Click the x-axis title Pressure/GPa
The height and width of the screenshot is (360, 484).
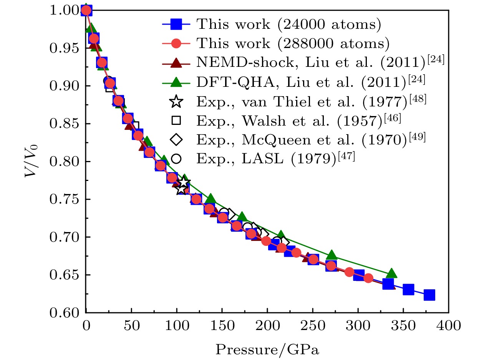click(267, 349)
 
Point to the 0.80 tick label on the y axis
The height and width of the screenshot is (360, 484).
click(66, 161)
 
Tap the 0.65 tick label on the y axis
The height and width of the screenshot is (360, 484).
click(66, 275)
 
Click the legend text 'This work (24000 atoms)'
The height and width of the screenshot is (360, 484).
click(289, 24)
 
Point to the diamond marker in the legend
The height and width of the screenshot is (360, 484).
click(176, 139)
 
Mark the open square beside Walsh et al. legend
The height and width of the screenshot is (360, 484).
click(176, 121)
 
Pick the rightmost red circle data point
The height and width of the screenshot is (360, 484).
click(368, 278)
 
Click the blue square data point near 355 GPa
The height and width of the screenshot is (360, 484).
click(408, 289)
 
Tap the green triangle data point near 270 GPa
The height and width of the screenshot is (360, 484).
click(332, 255)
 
